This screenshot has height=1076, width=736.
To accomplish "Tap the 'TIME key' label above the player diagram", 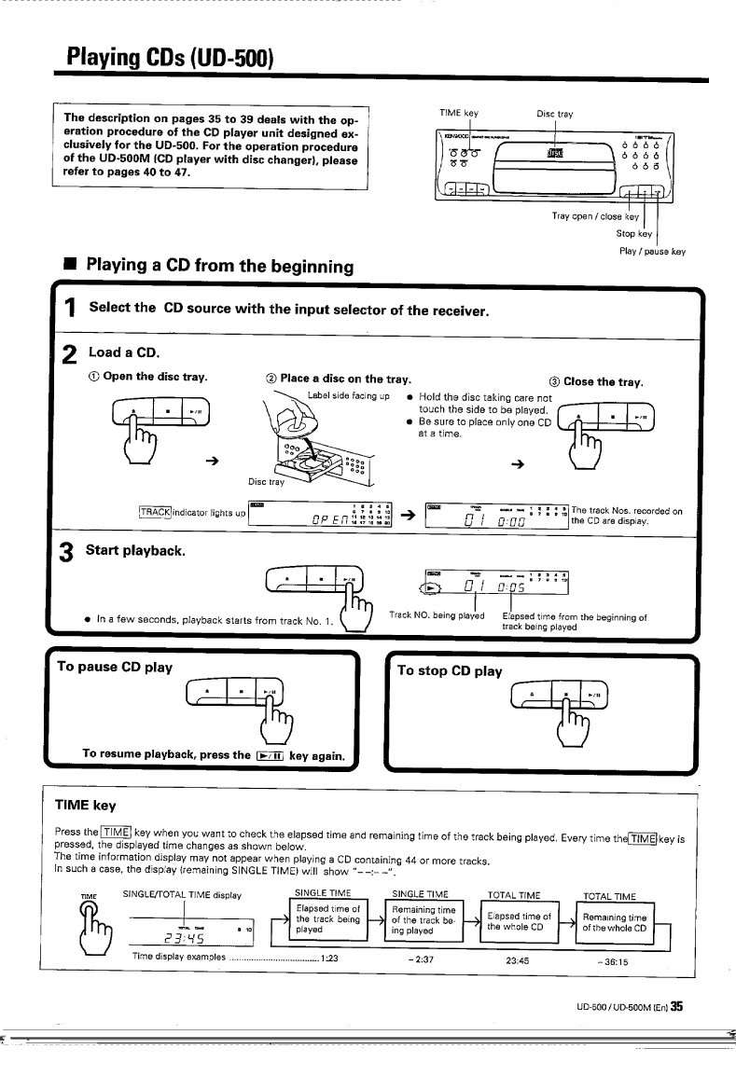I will (x=458, y=114).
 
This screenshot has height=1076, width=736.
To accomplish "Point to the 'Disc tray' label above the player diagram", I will (x=555, y=115).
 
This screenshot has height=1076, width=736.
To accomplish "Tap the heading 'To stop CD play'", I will (x=450, y=670).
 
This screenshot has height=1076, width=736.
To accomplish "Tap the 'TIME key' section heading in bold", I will (x=86, y=804).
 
